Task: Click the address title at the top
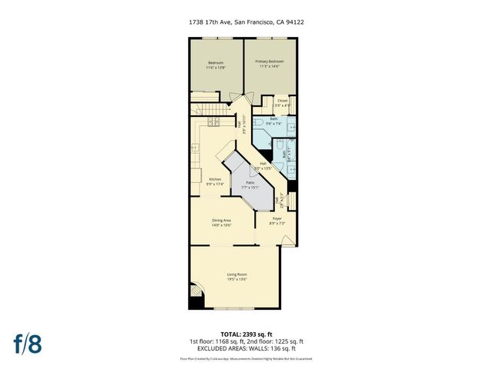(x=246, y=22)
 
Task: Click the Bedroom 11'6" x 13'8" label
(x=216, y=65)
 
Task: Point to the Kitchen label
(x=215, y=181)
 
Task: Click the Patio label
(x=250, y=184)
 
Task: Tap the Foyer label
(x=276, y=221)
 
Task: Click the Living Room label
(x=236, y=277)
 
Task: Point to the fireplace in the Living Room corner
(x=196, y=297)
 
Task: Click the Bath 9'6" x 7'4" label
(x=273, y=121)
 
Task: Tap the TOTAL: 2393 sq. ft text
(x=246, y=334)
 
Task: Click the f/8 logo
(x=29, y=344)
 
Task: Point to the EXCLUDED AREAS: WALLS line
(x=246, y=350)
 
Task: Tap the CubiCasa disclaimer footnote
(x=246, y=358)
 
